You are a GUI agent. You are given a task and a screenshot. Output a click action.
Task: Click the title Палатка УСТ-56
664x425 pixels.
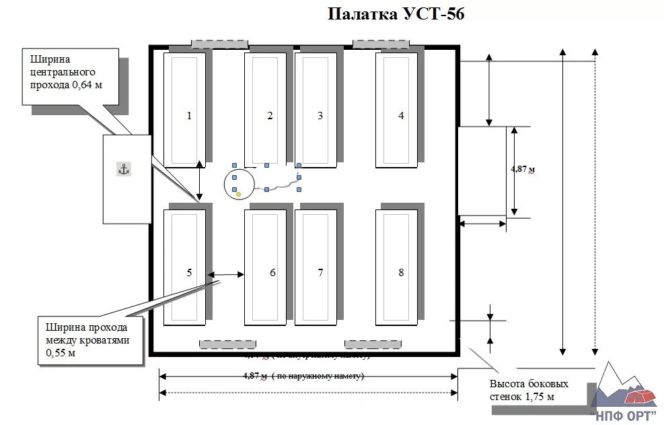[396, 14]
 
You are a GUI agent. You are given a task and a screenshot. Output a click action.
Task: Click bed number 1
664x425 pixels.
[185, 109]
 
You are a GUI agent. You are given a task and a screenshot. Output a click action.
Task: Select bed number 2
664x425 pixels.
[265, 109]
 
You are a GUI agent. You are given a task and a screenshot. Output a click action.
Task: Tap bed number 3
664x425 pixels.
[316, 109]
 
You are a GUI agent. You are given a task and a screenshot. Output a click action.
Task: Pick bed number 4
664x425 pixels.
[396, 109]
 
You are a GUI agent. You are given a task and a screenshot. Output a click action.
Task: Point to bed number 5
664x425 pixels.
[185, 268]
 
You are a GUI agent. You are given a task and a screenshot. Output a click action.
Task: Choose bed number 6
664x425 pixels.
[265, 268]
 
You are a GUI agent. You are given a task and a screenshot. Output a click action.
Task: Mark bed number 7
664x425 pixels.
[316, 268]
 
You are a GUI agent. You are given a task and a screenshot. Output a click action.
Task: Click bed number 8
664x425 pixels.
[396, 268]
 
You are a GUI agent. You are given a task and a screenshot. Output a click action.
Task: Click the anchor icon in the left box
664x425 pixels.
[124, 169]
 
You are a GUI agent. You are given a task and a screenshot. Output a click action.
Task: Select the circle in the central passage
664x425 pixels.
[239, 185]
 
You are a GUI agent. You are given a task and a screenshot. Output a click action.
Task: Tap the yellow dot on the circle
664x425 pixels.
[238, 195]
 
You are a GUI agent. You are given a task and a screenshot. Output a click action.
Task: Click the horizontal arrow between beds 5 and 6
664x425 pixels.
[226, 274]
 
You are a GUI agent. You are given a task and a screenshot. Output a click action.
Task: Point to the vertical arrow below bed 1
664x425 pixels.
[199, 181]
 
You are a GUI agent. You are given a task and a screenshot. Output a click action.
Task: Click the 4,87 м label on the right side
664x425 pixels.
[523, 169]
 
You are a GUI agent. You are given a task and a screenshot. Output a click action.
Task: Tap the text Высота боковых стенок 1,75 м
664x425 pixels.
[529, 390]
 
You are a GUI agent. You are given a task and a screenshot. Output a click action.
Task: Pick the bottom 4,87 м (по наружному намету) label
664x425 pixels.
[302, 376]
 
